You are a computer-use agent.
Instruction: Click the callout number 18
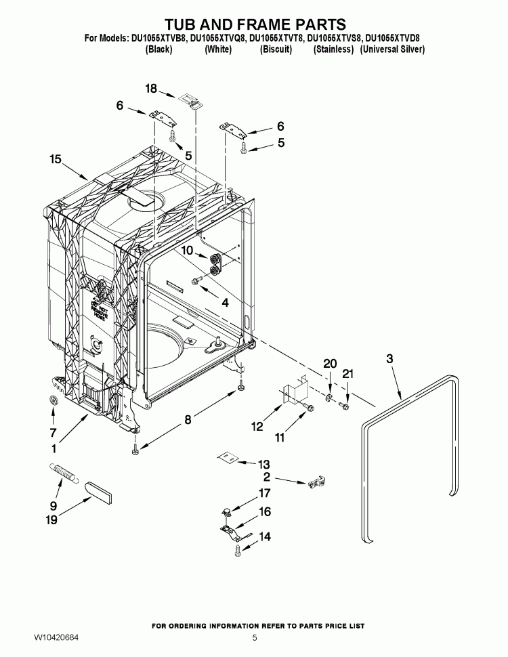[x=151, y=89]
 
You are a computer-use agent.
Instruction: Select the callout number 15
[x=56, y=159]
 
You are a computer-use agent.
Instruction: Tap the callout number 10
[x=187, y=251]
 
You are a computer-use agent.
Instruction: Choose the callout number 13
[x=263, y=465]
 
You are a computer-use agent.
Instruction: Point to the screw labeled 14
[x=238, y=552]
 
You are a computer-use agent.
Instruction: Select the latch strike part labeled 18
[x=192, y=100]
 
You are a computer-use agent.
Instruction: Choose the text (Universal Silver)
[x=392, y=50]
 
